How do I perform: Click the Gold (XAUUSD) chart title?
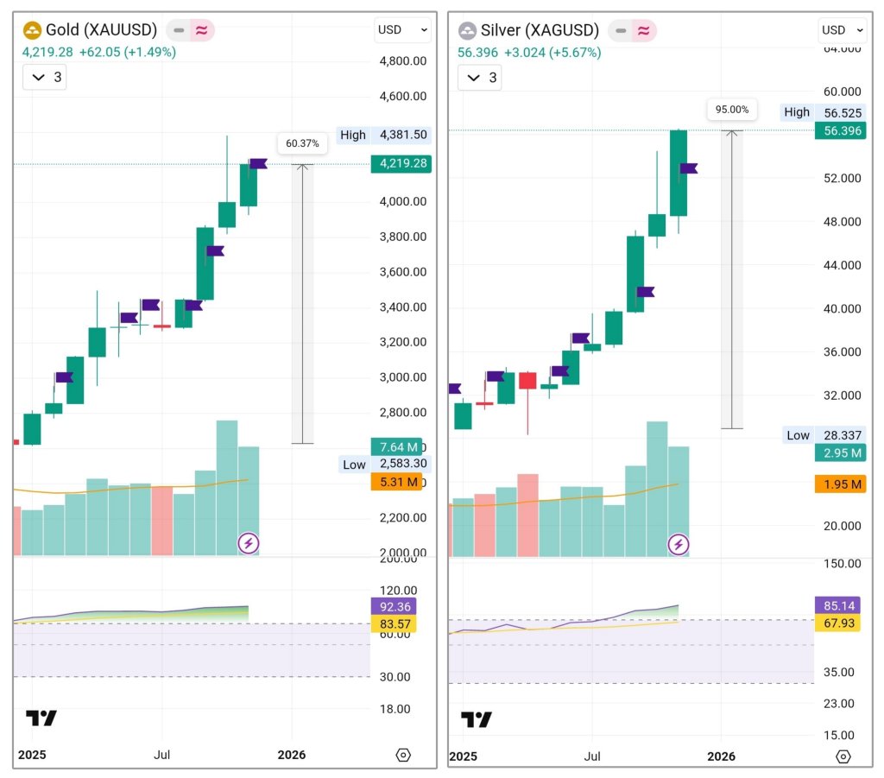(x=101, y=30)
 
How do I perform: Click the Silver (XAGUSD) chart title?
(x=540, y=30)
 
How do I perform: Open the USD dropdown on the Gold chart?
(x=402, y=30)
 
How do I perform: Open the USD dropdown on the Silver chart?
(x=842, y=30)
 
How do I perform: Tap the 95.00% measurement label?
(x=732, y=110)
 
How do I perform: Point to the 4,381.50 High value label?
(x=397, y=135)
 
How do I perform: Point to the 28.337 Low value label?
(x=839, y=435)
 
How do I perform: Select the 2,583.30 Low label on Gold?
(x=396, y=465)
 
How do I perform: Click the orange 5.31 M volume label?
(x=396, y=482)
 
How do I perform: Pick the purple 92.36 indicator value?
(x=393, y=606)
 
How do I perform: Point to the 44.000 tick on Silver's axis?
(x=842, y=265)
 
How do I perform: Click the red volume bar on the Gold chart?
(x=162, y=521)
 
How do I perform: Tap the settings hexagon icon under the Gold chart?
(x=403, y=756)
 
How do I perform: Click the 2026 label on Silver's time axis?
(x=722, y=756)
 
